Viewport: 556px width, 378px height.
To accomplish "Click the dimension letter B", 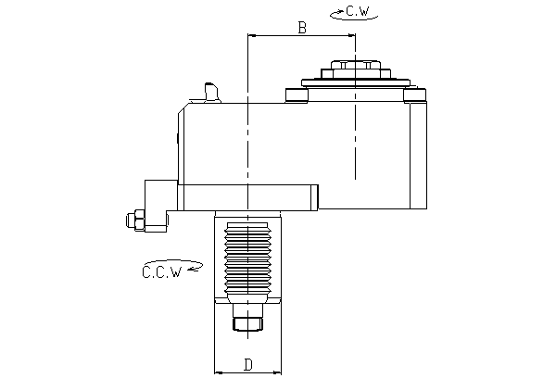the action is point(302,27).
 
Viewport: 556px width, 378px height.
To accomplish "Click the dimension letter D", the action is point(248,364).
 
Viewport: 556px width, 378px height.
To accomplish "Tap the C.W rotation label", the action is point(358,11).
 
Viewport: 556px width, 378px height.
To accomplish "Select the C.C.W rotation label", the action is point(162,272).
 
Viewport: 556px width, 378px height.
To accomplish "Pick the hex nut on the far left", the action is point(135,220).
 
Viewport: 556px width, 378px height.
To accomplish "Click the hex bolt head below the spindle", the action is point(247,323).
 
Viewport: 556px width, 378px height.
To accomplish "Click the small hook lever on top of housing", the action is point(210,93).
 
